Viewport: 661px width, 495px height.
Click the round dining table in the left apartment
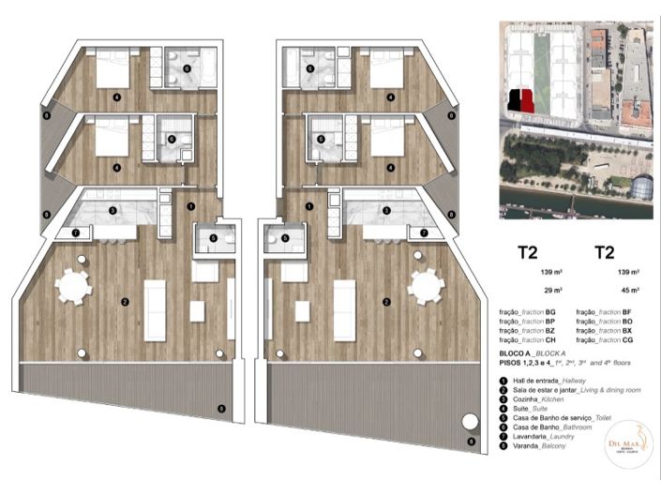pos(72,287)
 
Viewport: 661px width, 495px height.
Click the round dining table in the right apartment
pos(427,287)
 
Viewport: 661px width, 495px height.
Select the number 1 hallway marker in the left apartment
pos(190,204)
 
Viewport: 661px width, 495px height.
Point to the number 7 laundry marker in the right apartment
pos(424,232)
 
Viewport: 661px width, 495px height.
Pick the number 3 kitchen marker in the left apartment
pos(113,211)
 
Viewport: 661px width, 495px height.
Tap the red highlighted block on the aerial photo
pos(528,99)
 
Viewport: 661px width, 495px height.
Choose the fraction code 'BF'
pos(627,312)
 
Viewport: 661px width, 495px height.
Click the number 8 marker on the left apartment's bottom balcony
pos(221,408)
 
